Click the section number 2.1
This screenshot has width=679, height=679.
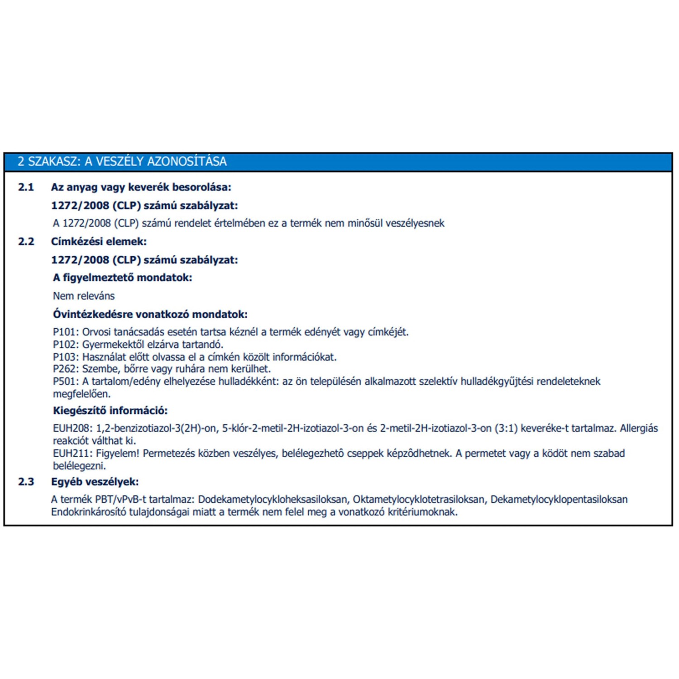26,187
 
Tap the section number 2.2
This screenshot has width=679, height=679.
26,242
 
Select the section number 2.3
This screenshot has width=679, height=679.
26,482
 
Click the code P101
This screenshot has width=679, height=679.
65,332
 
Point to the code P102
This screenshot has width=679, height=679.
65,344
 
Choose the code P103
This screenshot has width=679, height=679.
65,357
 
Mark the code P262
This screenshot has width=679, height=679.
65,369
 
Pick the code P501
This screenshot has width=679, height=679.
65,382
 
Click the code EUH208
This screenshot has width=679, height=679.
72,428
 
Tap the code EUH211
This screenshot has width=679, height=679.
72,454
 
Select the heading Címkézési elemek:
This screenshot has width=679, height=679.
99,242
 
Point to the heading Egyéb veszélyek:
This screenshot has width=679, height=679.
95,482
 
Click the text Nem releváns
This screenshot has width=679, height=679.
84,296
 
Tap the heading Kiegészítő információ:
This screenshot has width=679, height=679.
110,411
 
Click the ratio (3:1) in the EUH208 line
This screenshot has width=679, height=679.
506,428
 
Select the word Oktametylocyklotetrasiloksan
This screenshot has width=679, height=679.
419,500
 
